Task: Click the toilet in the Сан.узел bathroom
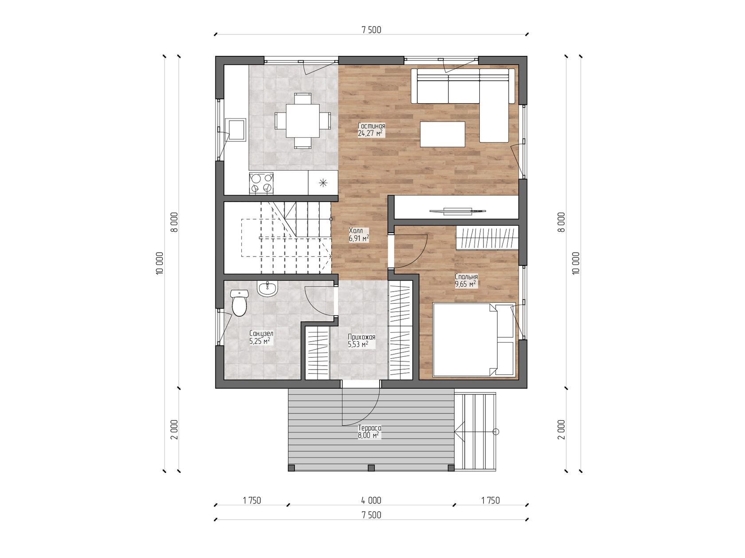coord(239,303)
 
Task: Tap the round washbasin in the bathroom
coord(267,289)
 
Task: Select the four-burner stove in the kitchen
coord(261,183)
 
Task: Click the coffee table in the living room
coord(443,134)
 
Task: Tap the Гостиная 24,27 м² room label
coord(371,129)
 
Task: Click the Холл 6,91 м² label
coord(359,234)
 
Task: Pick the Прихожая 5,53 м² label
coord(361,340)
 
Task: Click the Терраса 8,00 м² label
coord(369,432)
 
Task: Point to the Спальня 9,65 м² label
coord(466,281)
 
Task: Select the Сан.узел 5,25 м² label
coord(261,337)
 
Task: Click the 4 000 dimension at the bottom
coord(371,500)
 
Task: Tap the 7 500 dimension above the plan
coord(371,30)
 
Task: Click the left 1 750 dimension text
coord(252,500)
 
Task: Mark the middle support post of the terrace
coord(371,468)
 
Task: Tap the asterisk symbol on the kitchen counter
coord(323,183)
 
